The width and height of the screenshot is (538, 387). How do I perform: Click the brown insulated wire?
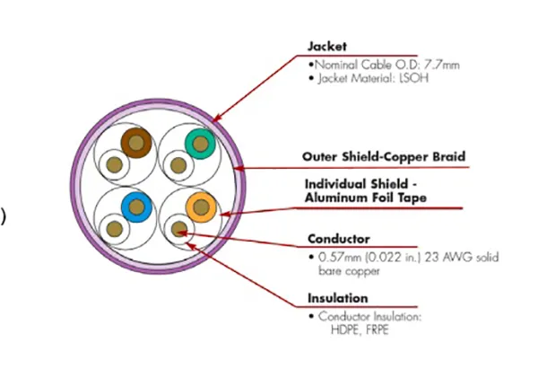point(136,143)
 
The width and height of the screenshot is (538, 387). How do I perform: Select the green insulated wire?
point(200,144)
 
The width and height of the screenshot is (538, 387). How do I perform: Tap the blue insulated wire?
point(136,207)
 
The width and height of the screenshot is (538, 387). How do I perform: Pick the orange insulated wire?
point(201,207)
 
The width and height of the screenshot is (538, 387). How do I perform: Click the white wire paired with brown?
point(114,165)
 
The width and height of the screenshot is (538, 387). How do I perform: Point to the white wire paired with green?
point(178,165)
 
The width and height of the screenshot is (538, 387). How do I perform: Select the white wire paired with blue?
point(115,229)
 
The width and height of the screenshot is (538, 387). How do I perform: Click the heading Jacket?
point(327,47)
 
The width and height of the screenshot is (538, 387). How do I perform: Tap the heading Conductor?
point(339,239)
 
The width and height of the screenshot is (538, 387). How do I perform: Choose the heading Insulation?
point(338,298)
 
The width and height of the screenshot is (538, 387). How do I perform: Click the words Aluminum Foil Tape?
point(366,198)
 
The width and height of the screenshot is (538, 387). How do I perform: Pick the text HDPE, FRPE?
point(360,330)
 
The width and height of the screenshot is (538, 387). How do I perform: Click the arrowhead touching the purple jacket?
point(217,118)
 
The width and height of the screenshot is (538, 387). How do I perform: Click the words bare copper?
point(349,271)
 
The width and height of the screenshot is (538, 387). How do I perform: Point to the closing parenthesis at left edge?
point(3,217)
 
